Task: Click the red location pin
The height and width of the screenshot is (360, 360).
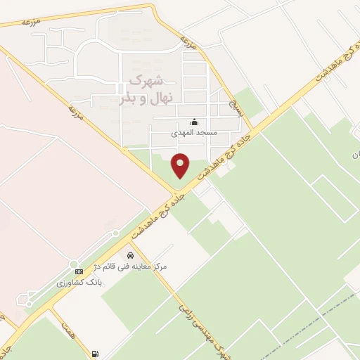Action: (181, 165)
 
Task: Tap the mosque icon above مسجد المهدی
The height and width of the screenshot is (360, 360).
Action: (194, 122)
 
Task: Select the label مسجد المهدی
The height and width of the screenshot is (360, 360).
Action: (195, 132)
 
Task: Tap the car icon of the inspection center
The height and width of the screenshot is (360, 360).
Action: (130, 255)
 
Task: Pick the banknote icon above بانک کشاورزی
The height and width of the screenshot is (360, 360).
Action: (79, 271)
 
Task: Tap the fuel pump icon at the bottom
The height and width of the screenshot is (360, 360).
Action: (95, 353)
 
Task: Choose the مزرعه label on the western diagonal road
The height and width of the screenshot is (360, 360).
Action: (75, 112)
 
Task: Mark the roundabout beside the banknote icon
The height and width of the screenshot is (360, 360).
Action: (73, 264)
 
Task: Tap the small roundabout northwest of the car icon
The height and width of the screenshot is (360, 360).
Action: (115, 233)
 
